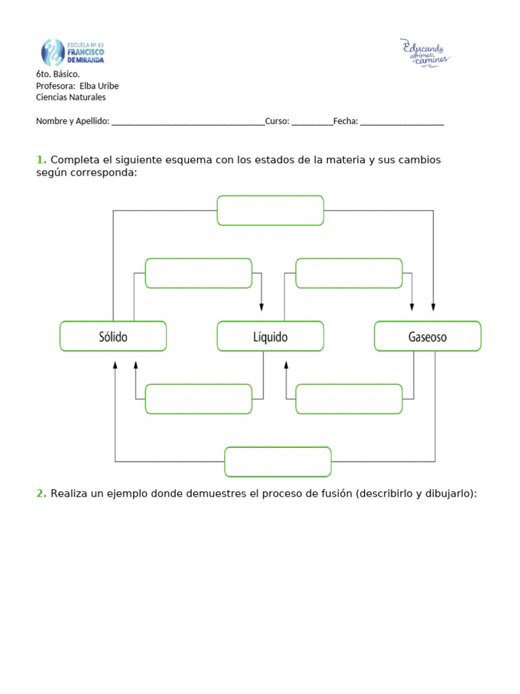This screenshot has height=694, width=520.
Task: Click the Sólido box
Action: pos(113,336)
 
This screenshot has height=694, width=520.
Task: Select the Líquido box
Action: pos(270,336)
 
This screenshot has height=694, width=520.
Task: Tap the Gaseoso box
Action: pos(427,336)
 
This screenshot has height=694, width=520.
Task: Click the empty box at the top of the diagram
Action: pos(270,210)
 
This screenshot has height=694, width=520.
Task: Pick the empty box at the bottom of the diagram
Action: pos(278,462)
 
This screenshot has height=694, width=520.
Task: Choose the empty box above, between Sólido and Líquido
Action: pos(198,273)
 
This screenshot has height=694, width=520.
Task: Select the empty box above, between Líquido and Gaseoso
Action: pos(349,273)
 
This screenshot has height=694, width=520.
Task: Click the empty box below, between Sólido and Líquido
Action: pos(198,399)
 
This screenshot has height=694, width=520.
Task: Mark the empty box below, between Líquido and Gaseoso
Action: pos(349,399)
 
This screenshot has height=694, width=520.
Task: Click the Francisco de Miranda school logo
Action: pos(72,52)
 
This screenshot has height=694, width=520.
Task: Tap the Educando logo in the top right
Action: pos(425,53)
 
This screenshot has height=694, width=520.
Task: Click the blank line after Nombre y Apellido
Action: pos(188,123)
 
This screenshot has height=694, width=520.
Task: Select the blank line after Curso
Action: pos(312,123)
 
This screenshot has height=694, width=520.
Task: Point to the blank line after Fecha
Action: pos(402,123)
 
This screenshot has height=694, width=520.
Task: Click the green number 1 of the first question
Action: pos(41,160)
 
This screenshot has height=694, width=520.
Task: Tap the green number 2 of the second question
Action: pos(41,494)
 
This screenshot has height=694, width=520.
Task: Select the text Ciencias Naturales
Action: pos(70,97)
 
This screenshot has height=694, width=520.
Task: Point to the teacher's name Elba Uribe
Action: pos(99,86)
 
